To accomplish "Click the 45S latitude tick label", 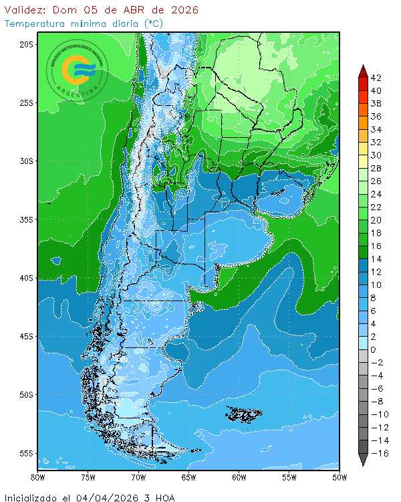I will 26,336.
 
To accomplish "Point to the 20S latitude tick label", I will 26,44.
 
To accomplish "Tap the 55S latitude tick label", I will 26,453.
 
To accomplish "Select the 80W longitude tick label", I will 38,477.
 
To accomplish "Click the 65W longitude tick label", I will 188,477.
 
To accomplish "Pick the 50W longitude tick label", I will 340,477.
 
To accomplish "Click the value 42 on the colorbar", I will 376,78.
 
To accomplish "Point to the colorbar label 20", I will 376,220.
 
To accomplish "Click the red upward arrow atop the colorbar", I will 363,70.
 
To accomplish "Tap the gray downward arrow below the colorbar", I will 363,460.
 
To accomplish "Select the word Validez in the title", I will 25,10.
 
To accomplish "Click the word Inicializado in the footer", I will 34,497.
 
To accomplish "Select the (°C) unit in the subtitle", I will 153,23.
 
